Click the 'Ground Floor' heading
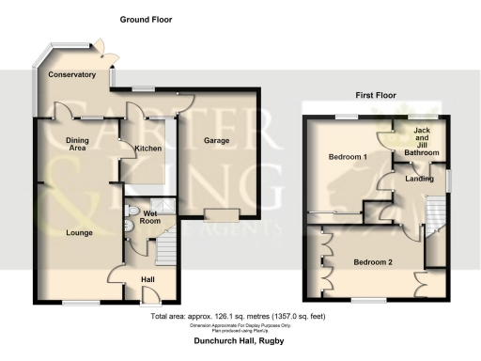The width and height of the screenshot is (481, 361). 146,19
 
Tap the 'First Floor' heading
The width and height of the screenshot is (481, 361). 377,95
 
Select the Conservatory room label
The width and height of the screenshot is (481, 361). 72,74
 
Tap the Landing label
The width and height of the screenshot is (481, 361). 419,179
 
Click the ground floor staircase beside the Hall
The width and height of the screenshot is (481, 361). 165,250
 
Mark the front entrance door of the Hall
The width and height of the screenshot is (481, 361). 149,297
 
